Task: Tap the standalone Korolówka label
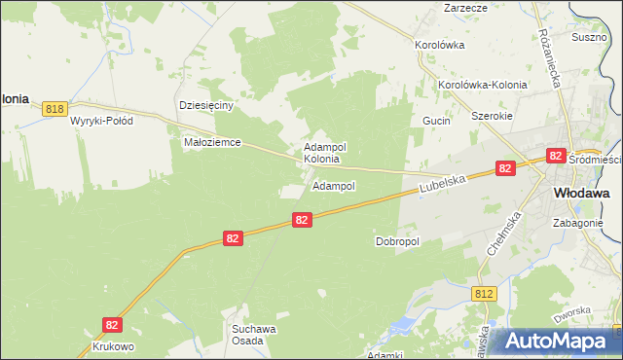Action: (439, 45)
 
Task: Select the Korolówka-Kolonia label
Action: (482, 85)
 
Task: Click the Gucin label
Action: (435, 121)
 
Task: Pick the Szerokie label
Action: (491, 115)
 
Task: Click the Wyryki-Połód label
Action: (101, 122)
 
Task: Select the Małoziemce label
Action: (211, 142)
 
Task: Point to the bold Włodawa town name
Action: (581, 194)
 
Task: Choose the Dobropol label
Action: (396, 241)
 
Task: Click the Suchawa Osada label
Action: (254, 335)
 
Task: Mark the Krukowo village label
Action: (113, 346)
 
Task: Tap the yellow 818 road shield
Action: (55, 110)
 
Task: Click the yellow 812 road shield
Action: (485, 293)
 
